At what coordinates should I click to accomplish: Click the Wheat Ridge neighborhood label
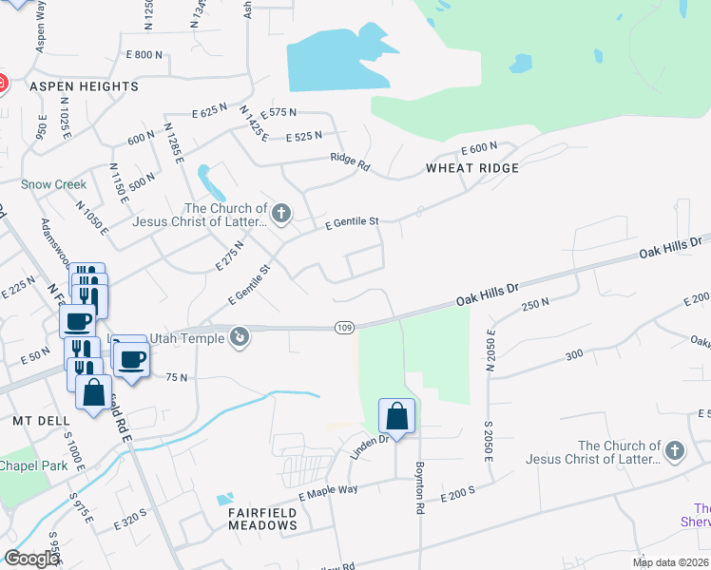472,168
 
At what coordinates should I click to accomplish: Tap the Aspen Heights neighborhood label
85,86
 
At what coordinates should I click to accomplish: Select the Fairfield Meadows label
261,519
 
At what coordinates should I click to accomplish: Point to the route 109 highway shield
345,328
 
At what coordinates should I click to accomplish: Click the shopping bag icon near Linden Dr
397,416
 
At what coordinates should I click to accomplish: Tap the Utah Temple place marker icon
240,334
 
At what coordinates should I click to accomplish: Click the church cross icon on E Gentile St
280,214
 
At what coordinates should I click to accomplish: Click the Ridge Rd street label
350,161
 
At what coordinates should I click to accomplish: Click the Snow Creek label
54,184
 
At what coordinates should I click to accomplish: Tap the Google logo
31,559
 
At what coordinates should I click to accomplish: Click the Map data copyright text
669,562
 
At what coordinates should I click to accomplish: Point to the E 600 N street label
479,148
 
